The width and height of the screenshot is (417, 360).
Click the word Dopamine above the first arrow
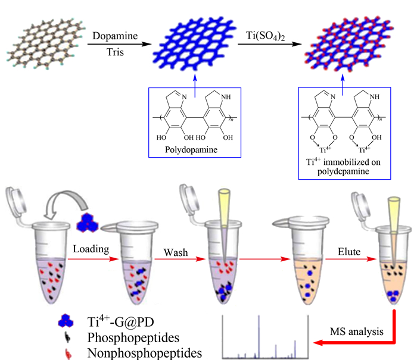pyautogui.click(x=115, y=36)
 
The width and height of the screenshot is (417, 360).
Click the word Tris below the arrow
pyautogui.click(x=115, y=52)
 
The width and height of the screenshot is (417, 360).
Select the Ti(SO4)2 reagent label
pyautogui.click(x=266, y=36)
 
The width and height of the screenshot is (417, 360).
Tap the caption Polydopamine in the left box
pyautogui.click(x=191, y=150)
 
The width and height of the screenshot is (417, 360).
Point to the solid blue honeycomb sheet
pyautogui.click(x=194, y=44)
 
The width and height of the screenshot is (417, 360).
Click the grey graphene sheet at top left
pyautogui.click(x=46, y=44)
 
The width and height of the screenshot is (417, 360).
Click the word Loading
pyautogui.click(x=91, y=249)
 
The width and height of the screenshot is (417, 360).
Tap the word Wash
pyautogui.click(x=176, y=252)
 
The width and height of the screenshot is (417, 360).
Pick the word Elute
pyautogui.click(x=349, y=252)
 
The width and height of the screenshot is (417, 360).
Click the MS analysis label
pyautogui.click(x=357, y=332)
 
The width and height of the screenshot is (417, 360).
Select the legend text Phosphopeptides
pyautogui.click(x=133, y=337)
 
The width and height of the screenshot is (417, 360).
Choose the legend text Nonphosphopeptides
pyautogui.click(x=144, y=353)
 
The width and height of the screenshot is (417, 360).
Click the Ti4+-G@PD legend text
pyautogui.click(x=120, y=321)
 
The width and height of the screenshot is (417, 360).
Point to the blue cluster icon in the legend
pyautogui.click(x=66, y=321)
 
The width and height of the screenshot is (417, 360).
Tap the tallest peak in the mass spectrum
pyautogui.click(x=259, y=336)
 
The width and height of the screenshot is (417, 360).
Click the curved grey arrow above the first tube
pyautogui.click(x=67, y=201)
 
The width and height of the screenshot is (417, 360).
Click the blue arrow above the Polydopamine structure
pyautogui.click(x=195, y=86)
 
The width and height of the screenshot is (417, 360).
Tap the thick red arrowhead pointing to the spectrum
pyautogui.click(x=319, y=343)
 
